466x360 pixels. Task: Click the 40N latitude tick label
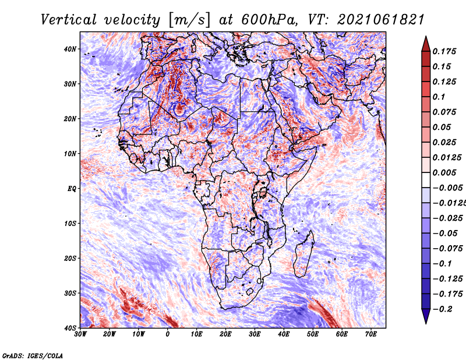pyautogui.click(x=70, y=49)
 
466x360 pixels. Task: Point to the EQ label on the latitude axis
pyautogui.click(x=72, y=189)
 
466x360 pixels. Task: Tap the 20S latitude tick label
pyautogui.click(x=70, y=258)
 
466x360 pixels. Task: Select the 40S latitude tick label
pyautogui.click(x=70, y=328)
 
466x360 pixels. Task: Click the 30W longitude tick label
pyautogui.click(x=80, y=334)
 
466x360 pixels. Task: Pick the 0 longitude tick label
pyautogui.click(x=168, y=334)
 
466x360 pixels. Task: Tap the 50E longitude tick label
pyautogui.click(x=313, y=334)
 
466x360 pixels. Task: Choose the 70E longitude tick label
pyautogui.click(x=371, y=334)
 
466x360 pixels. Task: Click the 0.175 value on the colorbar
pyautogui.click(x=444, y=51)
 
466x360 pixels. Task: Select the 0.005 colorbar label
pyautogui.click(x=444, y=172)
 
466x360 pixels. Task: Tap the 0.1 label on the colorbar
pyautogui.click(x=439, y=97)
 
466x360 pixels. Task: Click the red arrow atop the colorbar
pyautogui.click(x=426, y=44)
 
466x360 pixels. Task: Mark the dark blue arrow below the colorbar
pyautogui.click(x=426, y=316)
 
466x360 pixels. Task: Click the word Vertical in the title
pyautogui.click(x=68, y=20)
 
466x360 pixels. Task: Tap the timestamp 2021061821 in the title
pyautogui.click(x=380, y=20)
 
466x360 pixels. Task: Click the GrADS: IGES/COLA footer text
pyautogui.click(x=33, y=356)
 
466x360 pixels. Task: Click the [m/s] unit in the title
pyautogui.click(x=189, y=20)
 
